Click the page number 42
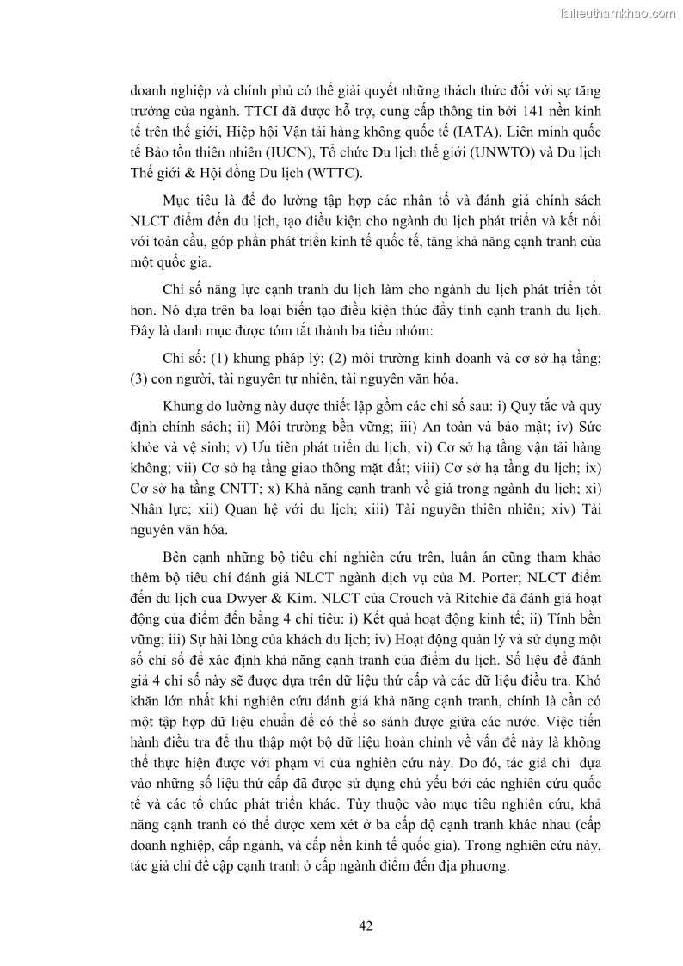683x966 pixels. (365, 926)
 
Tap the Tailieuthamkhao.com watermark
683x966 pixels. (617, 13)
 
